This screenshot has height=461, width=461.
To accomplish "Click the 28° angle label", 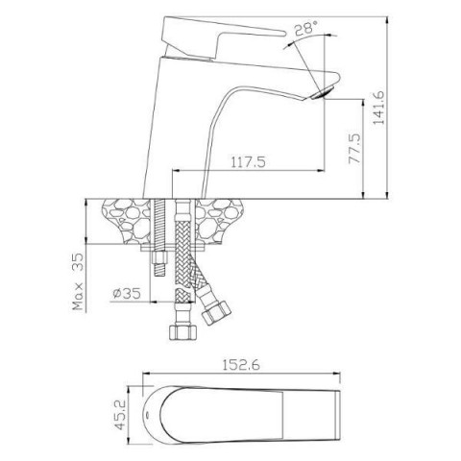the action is pyautogui.click(x=305, y=28).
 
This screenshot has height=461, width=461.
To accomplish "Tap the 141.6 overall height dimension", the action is pyautogui.click(x=379, y=108).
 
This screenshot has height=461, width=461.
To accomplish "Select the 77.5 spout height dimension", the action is pyautogui.click(x=354, y=149).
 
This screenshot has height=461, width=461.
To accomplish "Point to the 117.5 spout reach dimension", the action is pyautogui.click(x=249, y=162).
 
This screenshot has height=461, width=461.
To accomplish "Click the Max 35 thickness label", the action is pyautogui.click(x=78, y=281).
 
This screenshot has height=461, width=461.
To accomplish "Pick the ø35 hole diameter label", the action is pyautogui.click(x=127, y=293).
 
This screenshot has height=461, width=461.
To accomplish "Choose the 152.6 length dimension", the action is pyautogui.click(x=241, y=365).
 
